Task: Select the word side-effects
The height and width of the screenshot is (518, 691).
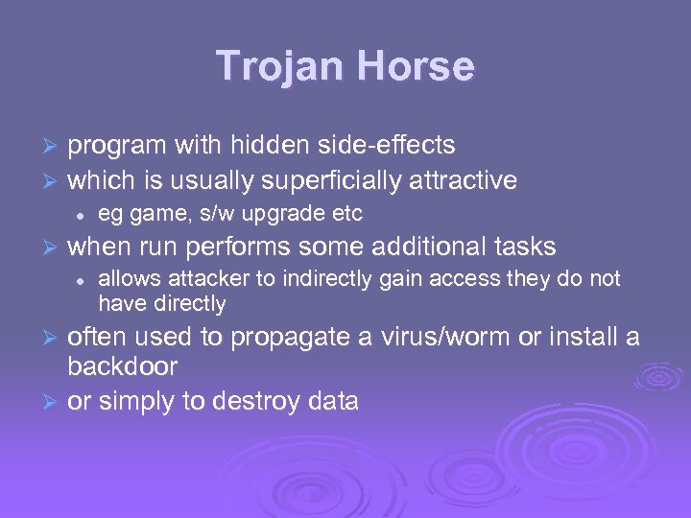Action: tap(393, 145)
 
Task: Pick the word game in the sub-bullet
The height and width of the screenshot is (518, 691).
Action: tap(147, 213)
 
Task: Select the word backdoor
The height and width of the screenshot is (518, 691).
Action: tap(122, 366)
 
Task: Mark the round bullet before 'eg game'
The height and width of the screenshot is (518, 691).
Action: tap(83, 213)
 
